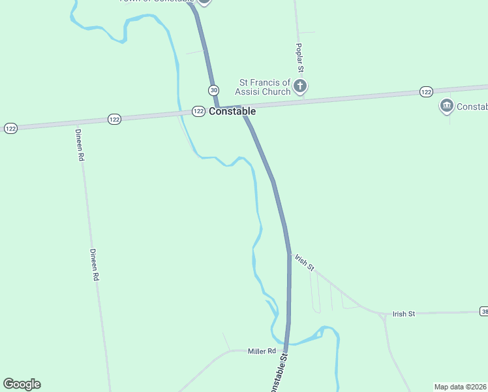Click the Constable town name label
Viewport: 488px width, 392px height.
pyautogui.click(x=232, y=112)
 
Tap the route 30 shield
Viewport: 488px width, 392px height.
pyautogui.click(x=213, y=90)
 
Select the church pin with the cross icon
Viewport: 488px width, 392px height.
pyautogui.click(x=299, y=86)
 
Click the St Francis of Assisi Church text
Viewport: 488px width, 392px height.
pyautogui.click(x=265, y=87)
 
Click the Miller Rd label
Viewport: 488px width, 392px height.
pyautogui.click(x=262, y=351)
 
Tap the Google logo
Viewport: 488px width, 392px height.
pyautogui.click(x=22, y=384)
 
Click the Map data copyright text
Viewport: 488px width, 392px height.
pyautogui.click(x=461, y=386)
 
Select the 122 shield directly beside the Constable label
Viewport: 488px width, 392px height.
pyautogui.click(x=199, y=112)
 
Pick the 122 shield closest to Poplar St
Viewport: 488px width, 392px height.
pyautogui.click(x=426, y=92)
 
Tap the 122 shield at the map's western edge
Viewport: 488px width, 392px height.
pyautogui.click(x=10, y=128)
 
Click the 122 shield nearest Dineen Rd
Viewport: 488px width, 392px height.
pyautogui.click(x=114, y=119)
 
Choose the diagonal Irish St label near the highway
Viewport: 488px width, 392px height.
pyautogui.click(x=305, y=262)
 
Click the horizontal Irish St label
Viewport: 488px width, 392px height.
pyautogui.click(x=404, y=314)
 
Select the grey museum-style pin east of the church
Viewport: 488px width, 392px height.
pyautogui.click(x=447, y=106)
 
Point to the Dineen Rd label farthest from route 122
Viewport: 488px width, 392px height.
pyautogui.click(x=95, y=265)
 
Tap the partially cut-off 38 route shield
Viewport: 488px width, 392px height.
pyautogui.click(x=483, y=311)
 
